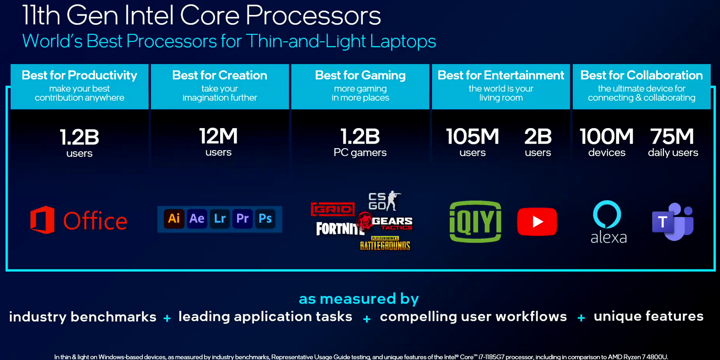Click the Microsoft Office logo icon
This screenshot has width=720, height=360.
42,220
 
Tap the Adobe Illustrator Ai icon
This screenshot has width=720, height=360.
174,219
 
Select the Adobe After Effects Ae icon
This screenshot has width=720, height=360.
196,219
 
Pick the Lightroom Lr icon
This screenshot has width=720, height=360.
220,219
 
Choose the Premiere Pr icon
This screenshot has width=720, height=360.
243,219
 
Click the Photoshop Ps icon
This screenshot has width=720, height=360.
265,219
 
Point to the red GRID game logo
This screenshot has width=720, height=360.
333,209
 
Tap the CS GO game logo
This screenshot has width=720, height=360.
385,201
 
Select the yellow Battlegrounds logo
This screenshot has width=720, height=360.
385,244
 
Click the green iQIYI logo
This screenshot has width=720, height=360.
475,222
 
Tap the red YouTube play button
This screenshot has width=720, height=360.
537,222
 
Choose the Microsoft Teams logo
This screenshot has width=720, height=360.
673,222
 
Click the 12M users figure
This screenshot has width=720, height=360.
219,141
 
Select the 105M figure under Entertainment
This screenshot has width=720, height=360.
473,136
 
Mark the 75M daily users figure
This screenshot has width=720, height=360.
673,142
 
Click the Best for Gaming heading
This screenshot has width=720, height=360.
361,75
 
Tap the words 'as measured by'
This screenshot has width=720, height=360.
359,299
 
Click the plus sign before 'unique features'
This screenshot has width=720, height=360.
581,318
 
